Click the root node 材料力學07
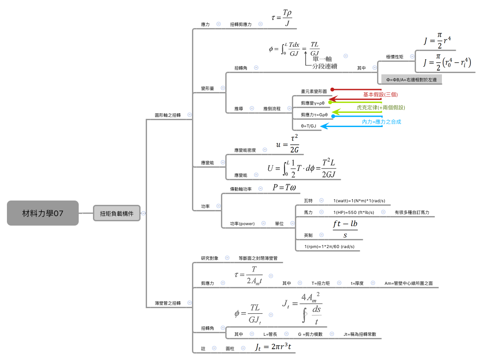tap(43, 213)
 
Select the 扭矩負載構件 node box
tap(117, 213)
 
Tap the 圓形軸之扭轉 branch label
tap(167, 115)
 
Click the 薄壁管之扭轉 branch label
tap(167, 303)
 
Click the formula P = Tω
tap(284, 187)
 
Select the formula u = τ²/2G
tap(288, 143)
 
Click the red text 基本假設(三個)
tap(380, 94)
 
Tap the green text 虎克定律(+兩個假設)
tap(381, 107)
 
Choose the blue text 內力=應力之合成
tap(381, 122)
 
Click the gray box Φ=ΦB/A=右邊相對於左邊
tap(411, 80)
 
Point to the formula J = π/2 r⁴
tap(438, 41)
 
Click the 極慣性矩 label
tap(394, 57)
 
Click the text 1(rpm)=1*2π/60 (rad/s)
tap(329, 246)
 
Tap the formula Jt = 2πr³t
tap(272, 347)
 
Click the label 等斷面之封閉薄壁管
tap(258, 258)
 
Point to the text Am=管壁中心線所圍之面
tap(408, 283)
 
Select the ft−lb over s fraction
tap(345, 229)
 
